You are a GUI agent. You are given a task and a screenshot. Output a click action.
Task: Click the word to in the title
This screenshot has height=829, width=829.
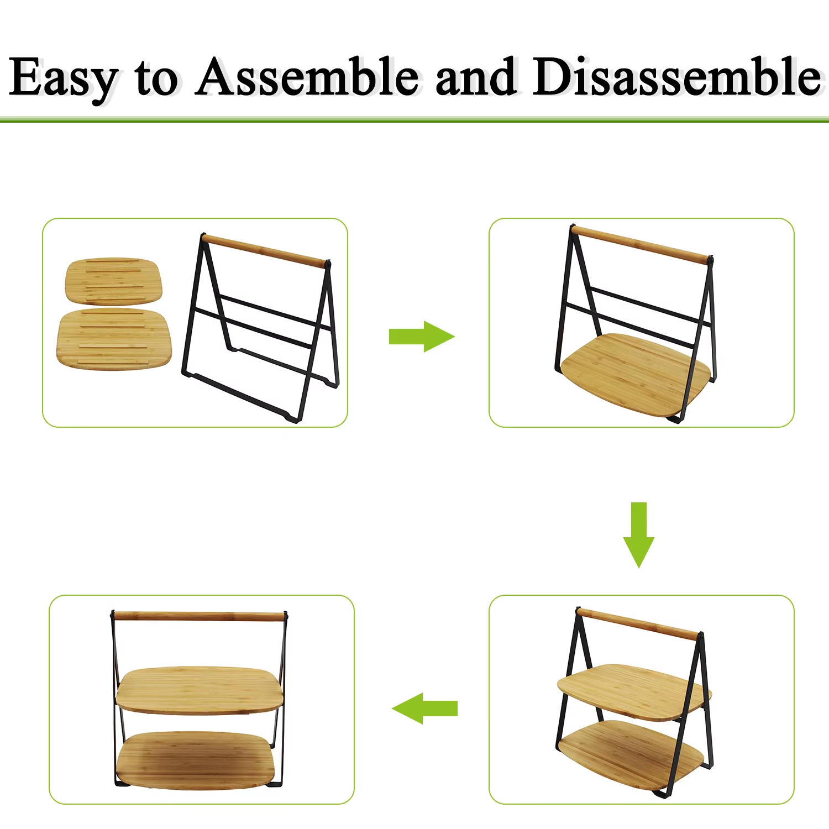pyautogui.click(x=156, y=78)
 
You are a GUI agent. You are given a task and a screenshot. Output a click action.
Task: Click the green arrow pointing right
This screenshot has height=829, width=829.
pyautogui.click(x=421, y=336)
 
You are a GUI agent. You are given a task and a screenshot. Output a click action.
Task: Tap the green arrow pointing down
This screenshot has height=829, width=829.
pyautogui.click(x=639, y=535)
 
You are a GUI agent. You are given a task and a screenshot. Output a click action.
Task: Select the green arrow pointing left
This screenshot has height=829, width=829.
pyautogui.click(x=424, y=708)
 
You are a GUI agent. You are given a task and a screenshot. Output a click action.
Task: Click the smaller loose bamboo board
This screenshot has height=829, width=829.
pyautogui.click(x=114, y=281)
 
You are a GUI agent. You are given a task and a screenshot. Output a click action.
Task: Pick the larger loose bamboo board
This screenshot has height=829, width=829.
pyautogui.click(x=114, y=340)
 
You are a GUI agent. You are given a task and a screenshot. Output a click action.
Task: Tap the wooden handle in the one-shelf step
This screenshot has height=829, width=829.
pyautogui.click(x=641, y=244)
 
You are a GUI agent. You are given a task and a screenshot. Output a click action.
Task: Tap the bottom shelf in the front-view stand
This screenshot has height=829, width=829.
pyautogui.click(x=196, y=760)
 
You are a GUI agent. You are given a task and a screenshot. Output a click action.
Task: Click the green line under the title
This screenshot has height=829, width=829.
pyautogui.click(x=414, y=119)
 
